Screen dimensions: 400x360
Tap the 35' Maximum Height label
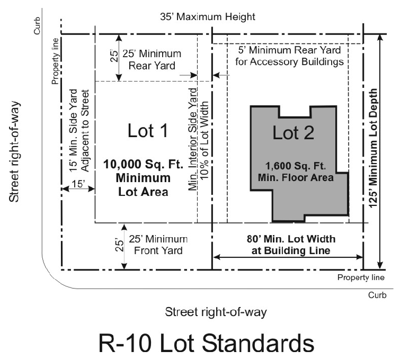(208, 17)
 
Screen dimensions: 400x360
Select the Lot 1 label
(149, 131)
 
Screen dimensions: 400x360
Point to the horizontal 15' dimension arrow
(78, 188)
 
